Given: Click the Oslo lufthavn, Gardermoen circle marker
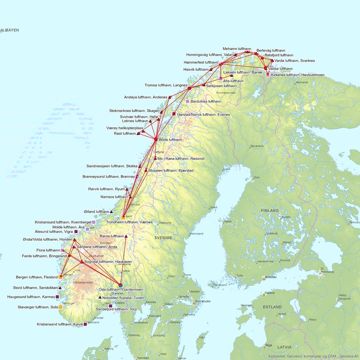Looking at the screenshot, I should click(121, 285).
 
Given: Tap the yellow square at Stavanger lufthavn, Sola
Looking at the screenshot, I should click(61, 307).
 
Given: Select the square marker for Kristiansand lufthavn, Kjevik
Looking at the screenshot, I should click(85, 324).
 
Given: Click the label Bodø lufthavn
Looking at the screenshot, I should click(170, 140).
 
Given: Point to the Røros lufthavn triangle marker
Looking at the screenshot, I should click(126, 236).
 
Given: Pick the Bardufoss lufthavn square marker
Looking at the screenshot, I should click(187, 101).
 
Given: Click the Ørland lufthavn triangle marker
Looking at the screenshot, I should click(111, 212).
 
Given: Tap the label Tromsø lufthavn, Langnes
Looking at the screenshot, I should click(166, 85).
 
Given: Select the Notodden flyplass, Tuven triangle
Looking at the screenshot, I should click(100, 298).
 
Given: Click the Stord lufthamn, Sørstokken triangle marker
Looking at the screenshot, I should click(60, 288).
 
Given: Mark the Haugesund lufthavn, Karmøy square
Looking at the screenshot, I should click(58, 297).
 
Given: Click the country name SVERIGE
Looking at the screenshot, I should click(163, 238).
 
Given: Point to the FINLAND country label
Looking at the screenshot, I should click(269, 211).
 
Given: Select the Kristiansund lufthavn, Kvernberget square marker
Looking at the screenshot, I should click(94, 222).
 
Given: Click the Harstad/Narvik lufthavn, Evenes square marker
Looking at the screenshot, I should click(174, 114).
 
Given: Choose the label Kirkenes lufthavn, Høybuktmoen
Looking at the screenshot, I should click(297, 75).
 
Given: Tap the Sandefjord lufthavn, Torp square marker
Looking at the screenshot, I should click(110, 306).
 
